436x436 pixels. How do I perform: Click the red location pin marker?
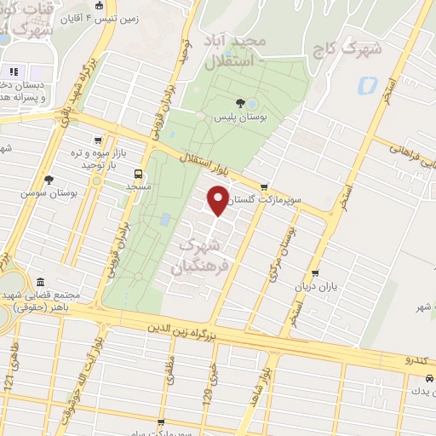coord(219,201)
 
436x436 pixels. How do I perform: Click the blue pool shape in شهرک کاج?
coord(368,86)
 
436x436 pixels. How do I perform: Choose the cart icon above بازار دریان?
coord(316,274)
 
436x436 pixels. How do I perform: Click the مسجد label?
coord(137,184)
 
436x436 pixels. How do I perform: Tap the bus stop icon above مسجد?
coord(135,171)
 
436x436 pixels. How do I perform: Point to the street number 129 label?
coord(207,394)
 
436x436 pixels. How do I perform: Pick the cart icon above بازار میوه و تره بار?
coord(100,141)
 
